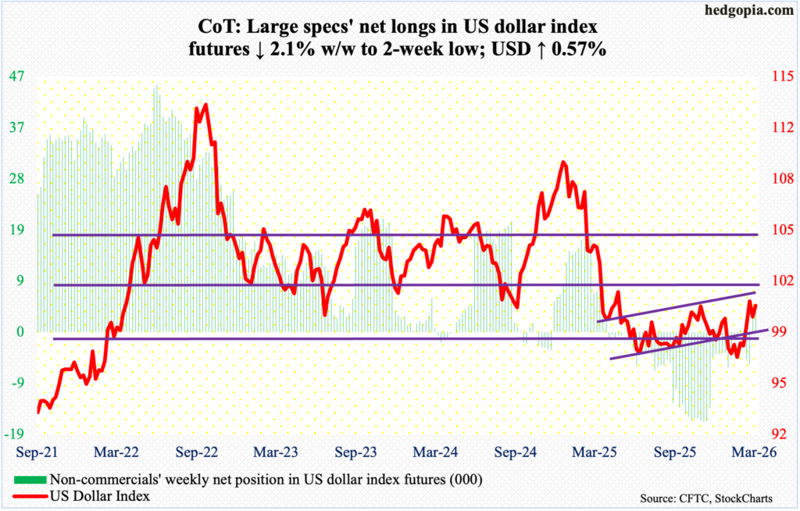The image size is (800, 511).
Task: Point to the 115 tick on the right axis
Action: pos(774,77)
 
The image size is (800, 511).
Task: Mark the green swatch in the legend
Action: pos(29,479)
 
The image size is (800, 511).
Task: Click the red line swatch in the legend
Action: pos(29,495)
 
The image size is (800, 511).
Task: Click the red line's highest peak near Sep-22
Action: pos(205,104)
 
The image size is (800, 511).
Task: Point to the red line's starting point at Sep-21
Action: pos(37,412)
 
